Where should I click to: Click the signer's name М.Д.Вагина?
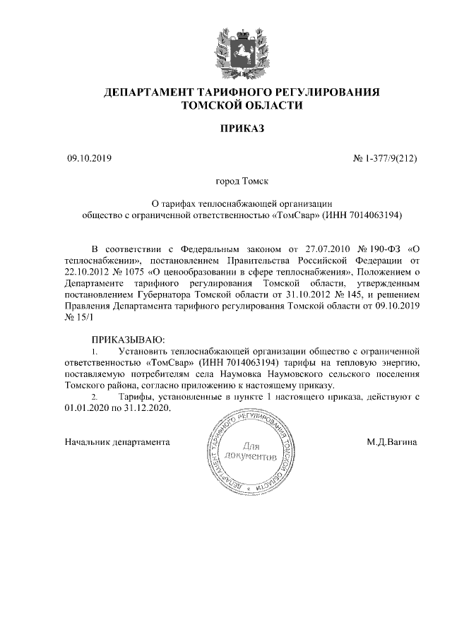click(x=391, y=443)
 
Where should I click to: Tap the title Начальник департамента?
click(x=117, y=443)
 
